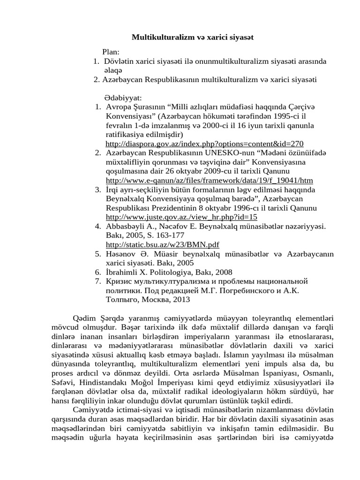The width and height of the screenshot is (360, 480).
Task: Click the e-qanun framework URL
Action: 210,180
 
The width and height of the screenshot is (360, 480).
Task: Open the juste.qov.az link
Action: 182,217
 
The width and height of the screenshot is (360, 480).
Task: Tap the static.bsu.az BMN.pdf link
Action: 163,245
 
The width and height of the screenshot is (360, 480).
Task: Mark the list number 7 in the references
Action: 98,281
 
